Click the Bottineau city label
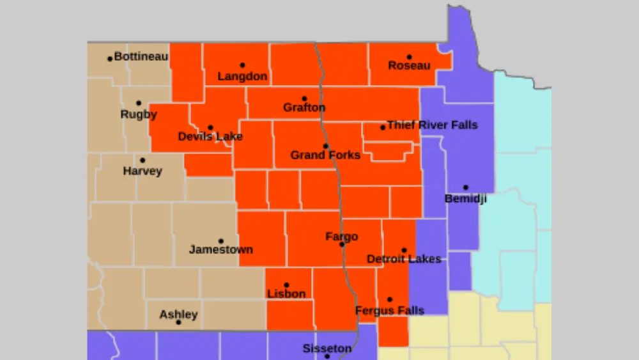(x=141, y=57)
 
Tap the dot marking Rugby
(x=139, y=103)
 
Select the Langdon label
(x=242, y=77)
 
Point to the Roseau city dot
(x=409, y=57)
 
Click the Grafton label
(x=304, y=108)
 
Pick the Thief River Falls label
(x=433, y=125)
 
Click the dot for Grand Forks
(x=325, y=146)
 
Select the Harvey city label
(x=142, y=171)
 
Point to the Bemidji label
(x=465, y=199)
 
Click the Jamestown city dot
(x=221, y=241)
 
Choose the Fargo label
(x=342, y=237)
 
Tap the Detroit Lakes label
(x=404, y=259)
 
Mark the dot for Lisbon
(x=286, y=285)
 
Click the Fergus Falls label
(x=390, y=311)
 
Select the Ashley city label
(x=178, y=315)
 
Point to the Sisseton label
(x=327, y=348)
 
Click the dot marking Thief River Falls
(x=383, y=127)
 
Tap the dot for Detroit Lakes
(x=404, y=250)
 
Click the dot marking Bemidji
(x=465, y=187)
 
